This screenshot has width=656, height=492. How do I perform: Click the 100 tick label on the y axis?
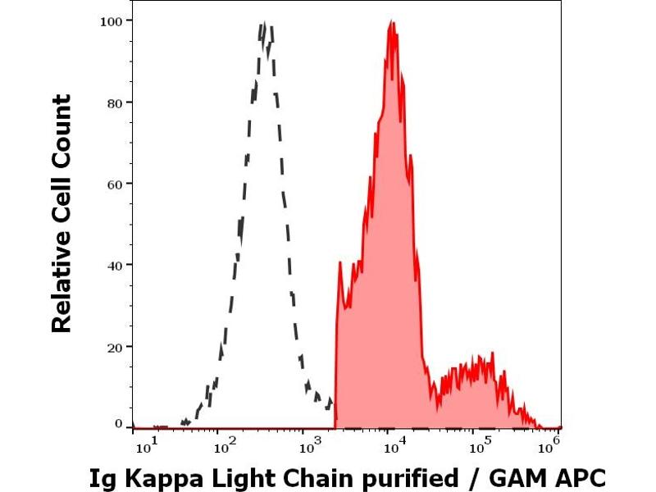112,20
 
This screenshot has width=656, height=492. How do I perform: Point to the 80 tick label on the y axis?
116,102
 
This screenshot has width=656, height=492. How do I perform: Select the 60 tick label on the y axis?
116,184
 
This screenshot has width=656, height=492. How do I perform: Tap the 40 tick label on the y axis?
116,266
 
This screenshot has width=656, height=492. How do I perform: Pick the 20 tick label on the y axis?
116,347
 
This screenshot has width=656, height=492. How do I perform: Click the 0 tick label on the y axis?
119,424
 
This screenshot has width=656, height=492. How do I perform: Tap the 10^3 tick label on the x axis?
309,447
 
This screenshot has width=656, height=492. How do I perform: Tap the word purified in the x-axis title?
415,478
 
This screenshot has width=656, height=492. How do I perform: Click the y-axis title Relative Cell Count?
62,214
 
